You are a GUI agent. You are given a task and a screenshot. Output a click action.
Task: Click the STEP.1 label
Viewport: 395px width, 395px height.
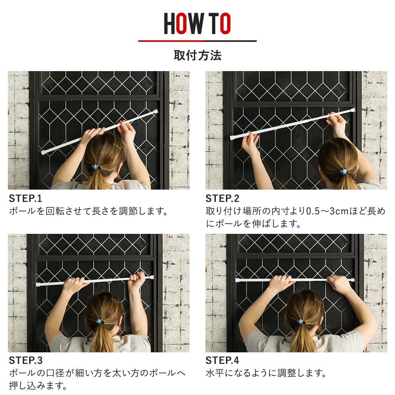[25, 199]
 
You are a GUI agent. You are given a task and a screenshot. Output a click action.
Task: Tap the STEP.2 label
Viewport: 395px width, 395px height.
[222, 199]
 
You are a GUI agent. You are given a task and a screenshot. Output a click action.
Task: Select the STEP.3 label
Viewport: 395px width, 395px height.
[26, 361]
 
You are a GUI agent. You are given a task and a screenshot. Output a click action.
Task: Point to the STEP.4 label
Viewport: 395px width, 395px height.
[222, 361]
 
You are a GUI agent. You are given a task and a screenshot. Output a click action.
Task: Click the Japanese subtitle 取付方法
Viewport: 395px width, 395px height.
[197, 55]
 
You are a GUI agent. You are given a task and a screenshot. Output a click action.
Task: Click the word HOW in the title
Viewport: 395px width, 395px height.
[184, 23]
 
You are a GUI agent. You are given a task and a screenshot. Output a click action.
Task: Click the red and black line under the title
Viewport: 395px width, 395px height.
[197, 41]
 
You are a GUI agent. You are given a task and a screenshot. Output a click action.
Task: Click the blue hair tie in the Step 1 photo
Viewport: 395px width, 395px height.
[95, 167]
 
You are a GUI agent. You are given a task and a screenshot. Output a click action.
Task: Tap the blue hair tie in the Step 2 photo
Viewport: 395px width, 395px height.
[343, 171]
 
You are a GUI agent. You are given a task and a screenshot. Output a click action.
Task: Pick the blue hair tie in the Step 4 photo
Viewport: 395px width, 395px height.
[300, 322]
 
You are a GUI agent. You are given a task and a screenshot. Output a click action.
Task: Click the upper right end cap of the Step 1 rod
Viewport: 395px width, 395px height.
[156, 111]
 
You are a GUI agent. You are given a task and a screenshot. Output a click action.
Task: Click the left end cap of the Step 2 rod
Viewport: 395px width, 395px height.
[232, 137]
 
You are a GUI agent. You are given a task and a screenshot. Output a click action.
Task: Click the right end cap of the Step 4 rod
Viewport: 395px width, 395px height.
[352, 280]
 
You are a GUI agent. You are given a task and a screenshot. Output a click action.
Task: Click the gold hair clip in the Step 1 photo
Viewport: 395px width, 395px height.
[117, 146]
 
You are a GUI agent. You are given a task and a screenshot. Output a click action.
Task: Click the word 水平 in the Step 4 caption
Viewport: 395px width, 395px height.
[215, 373]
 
